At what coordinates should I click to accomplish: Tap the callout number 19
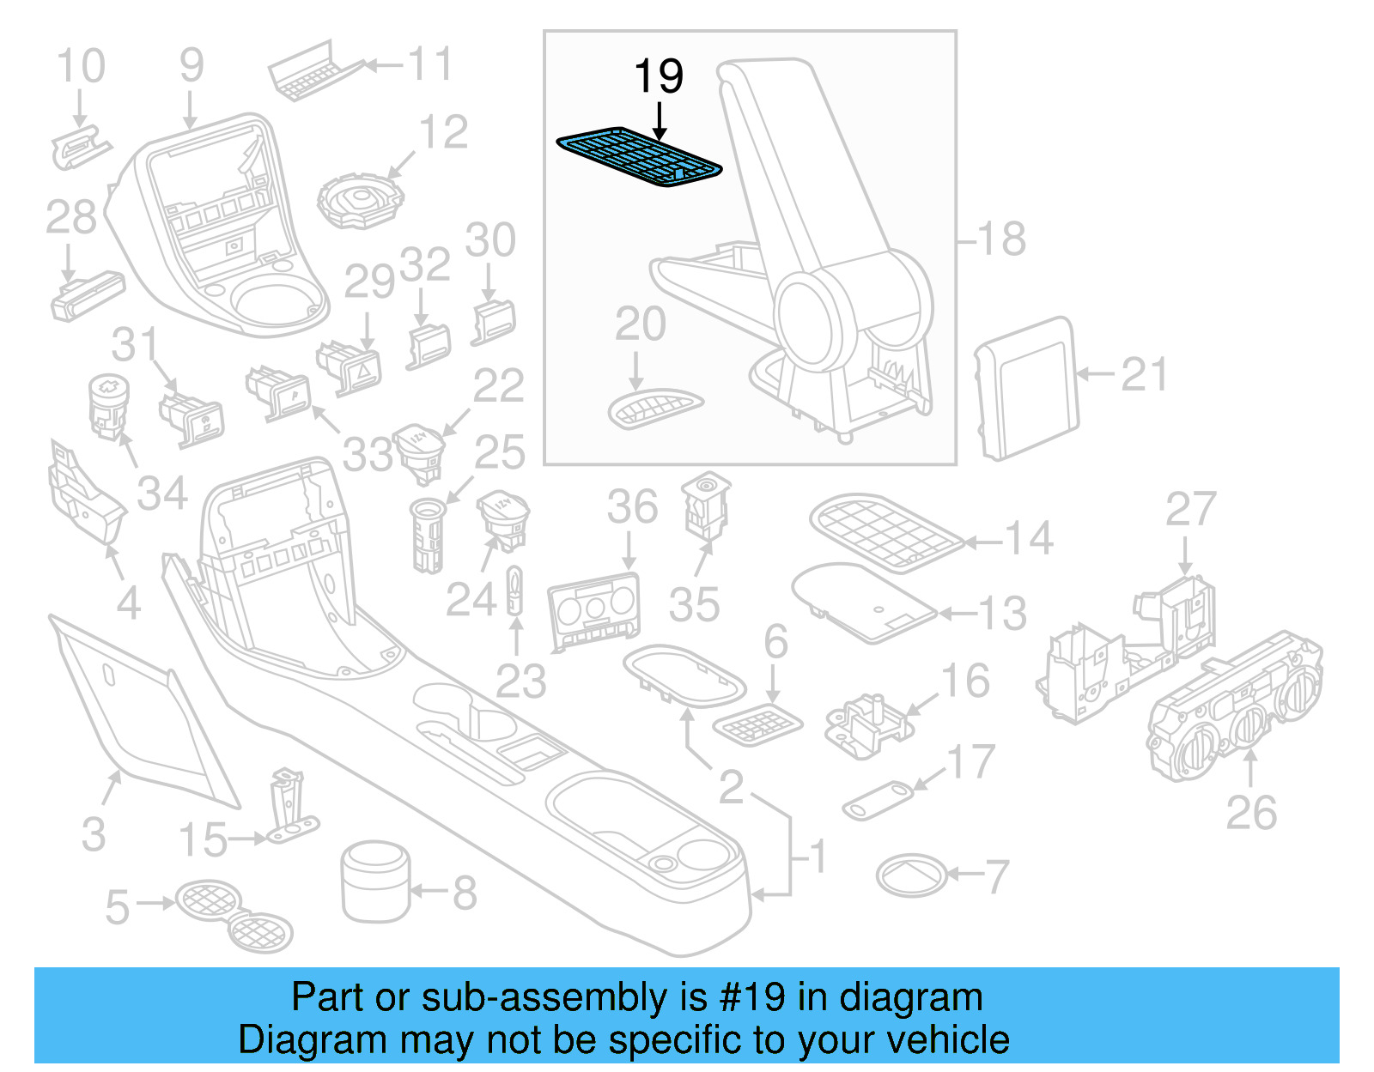pos(659,77)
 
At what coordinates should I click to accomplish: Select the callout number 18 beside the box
pos(1001,239)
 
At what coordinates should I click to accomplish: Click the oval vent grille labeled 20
pos(654,408)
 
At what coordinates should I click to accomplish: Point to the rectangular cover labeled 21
pos(1027,388)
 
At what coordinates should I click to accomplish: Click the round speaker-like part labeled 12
pos(360,200)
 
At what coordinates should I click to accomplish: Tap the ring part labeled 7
pos(911,876)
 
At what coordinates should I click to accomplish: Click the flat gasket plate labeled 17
pos(878,800)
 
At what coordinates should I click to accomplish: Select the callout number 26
pos(1251,813)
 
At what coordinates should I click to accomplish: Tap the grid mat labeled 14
pos(885,531)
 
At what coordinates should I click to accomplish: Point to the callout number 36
pos(632,506)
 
